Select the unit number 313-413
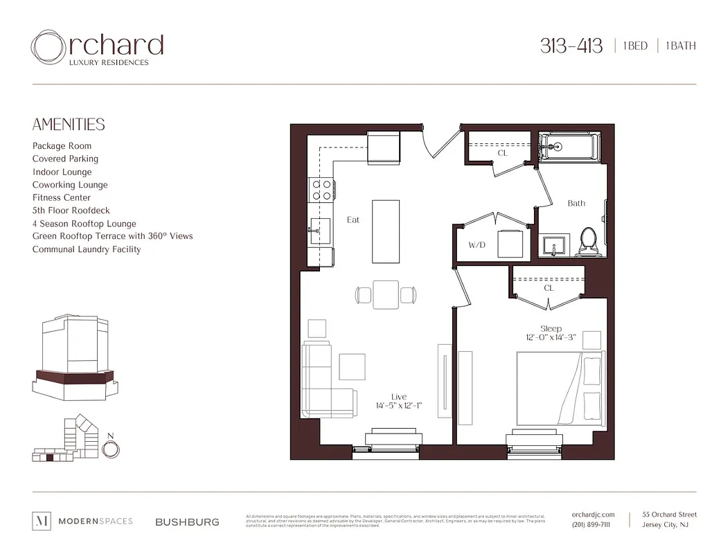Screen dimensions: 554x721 [x=572, y=46]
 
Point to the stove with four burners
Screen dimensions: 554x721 [x=321, y=190]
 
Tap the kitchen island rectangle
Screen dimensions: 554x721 [x=386, y=231]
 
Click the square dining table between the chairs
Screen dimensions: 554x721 [x=386, y=294]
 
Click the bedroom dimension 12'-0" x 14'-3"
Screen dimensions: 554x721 [x=551, y=338]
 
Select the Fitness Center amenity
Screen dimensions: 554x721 [x=61, y=197]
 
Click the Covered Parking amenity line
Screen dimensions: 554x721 [x=65, y=159]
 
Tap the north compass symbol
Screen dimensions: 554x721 [x=110, y=449]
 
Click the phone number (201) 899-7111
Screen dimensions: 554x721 [x=591, y=525]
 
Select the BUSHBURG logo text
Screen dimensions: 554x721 [x=187, y=521]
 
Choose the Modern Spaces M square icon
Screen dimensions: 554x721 [x=42, y=521]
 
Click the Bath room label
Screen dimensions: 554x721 [x=576, y=204]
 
